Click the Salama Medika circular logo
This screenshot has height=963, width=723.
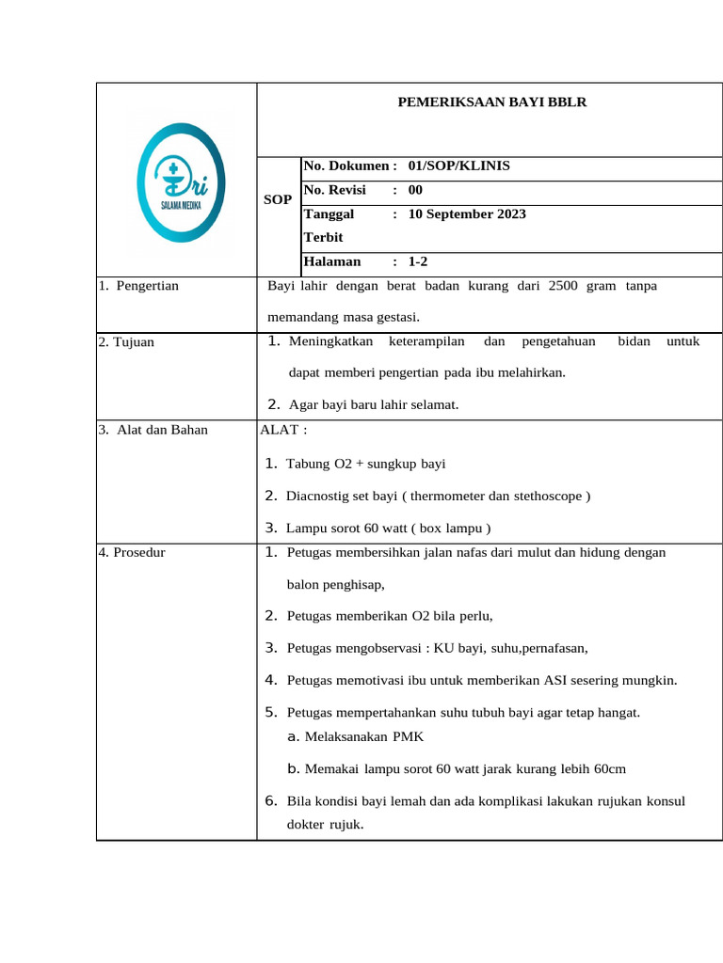[x=180, y=180]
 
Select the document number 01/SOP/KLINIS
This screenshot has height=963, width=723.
[x=459, y=166]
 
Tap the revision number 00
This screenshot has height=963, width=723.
[x=416, y=190]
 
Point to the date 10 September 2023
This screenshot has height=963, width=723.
[x=467, y=213]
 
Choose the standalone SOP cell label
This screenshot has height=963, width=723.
[x=278, y=200]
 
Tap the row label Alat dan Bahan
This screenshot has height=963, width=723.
[x=162, y=430]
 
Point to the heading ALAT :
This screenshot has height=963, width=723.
[x=283, y=430]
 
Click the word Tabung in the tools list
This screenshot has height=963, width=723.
[x=308, y=464]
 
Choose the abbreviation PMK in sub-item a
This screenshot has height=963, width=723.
[x=409, y=736]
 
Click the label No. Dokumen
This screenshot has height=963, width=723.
[x=345, y=166]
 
